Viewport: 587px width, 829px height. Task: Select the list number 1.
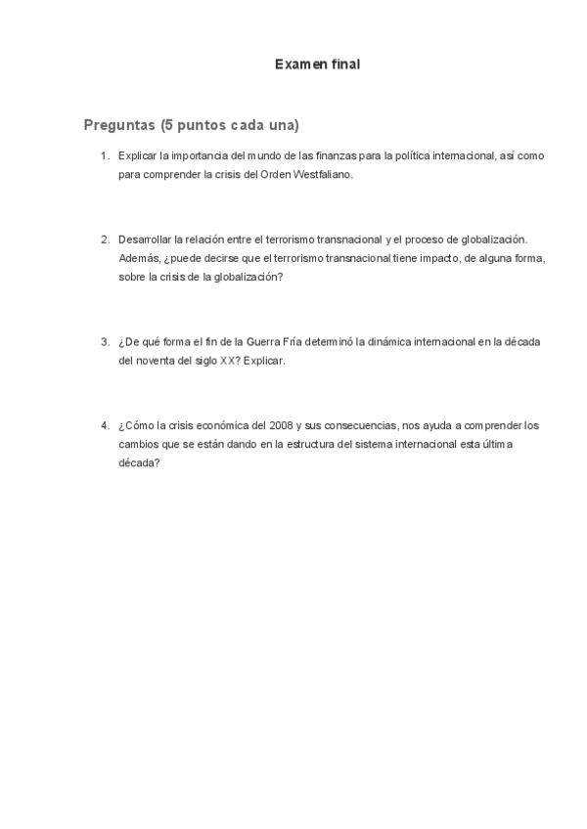pos(104,155)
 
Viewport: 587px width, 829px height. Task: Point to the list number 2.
pos(104,239)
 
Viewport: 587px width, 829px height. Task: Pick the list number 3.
pos(104,341)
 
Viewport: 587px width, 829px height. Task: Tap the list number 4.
pos(104,425)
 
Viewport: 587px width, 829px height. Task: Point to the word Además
pos(137,257)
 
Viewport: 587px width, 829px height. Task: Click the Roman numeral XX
pos(228,360)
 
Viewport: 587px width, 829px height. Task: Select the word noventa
pos(157,360)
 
